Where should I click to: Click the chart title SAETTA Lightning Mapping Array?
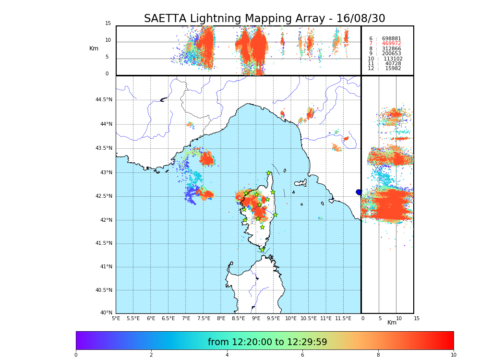pyautogui.click(x=264, y=19)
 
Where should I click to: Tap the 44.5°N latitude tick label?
pyautogui.click(x=104, y=100)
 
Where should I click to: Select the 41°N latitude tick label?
pyautogui.click(x=105, y=267)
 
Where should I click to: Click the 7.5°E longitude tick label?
pyautogui.click(x=204, y=318)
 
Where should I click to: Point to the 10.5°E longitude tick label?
pyautogui.click(x=309, y=318)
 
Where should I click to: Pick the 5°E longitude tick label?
pyautogui.click(x=116, y=318)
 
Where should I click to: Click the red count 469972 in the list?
pyautogui.click(x=391, y=44)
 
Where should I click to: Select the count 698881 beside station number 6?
pyautogui.click(x=391, y=39)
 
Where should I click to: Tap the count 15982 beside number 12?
pyautogui.click(x=393, y=69)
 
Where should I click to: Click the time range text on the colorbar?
pyautogui.click(x=267, y=342)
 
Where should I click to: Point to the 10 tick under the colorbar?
pyautogui.click(x=453, y=355)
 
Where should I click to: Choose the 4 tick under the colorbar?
pyautogui.click(x=227, y=355)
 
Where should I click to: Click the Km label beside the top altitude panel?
pyautogui.click(x=94, y=48)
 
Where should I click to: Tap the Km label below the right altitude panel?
pyautogui.click(x=392, y=323)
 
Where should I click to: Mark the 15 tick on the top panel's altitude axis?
pyautogui.click(x=108, y=24)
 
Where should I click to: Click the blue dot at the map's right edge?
pyautogui.click(x=359, y=192)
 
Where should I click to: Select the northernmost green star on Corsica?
pyautogui.click(x=269, y=173)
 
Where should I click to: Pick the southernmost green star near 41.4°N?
pyautogui.click(x=262, y=250)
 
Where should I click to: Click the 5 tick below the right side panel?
pyautogui.click(x=380, y=318)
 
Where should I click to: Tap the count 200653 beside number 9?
pyautogui.click(x=391, y=54)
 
